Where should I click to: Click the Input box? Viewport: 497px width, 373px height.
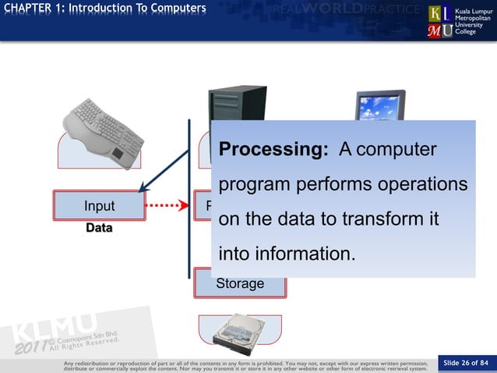point(99,206)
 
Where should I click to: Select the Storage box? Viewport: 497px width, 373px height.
point(240,283)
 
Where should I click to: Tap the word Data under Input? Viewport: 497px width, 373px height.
point(99,229)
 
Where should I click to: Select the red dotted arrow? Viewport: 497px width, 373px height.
point(167,206)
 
